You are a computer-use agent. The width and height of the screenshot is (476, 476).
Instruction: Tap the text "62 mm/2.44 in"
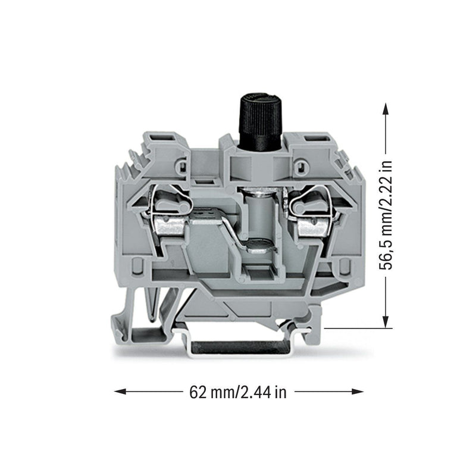[237, 392]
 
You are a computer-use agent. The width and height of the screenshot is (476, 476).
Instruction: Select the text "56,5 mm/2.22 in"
[386, 215]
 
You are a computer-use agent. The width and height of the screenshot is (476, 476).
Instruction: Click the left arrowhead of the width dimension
[120, 392]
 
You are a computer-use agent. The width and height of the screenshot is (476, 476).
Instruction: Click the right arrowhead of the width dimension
[358, 392]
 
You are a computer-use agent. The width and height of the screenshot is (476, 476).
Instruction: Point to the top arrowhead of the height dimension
[386, 109]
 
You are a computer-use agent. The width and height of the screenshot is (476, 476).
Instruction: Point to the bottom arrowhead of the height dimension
[386, 322]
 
